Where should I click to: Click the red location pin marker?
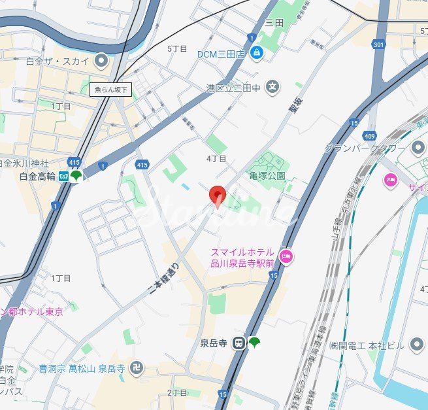pyautogui.click(x=217, y=195)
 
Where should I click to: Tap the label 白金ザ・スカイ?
pyautogui.click(x=57, y=61)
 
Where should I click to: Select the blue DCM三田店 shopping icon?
pyautogui.click(x=257, y=53)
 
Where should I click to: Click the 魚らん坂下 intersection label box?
pyautogui.click(x=111, y=90)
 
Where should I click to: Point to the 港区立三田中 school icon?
pyautogui.click(x=272, y=86)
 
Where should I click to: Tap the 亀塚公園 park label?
pyautogui.click(x=267, y=175)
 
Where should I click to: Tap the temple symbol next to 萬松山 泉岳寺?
pyautogui.click(x=137, y=367)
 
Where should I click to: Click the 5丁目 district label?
pyautogui.click(x=177, y=48)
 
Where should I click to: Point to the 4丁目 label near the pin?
pyautogui.click(x=216, y=158)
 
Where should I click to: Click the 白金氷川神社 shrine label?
pyautogui.click(x=26, y=163)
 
